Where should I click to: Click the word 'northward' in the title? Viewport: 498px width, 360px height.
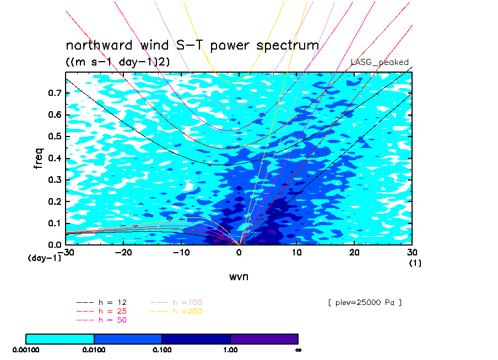point(99,45)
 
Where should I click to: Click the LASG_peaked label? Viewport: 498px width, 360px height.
point(380,62)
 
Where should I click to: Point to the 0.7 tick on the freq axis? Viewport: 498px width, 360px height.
point(55,93)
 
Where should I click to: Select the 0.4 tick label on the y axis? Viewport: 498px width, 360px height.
point(55,158)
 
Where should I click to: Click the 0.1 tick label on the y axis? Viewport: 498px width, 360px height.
point(55,223)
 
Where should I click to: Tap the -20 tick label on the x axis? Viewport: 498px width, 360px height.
point(123,252)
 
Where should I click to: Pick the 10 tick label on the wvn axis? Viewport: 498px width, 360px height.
point(296,252)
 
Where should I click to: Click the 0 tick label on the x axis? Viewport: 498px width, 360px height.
point(239,252)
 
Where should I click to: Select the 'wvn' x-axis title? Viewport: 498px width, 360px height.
point(239,277)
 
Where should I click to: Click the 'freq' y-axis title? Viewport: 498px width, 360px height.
point(38,158)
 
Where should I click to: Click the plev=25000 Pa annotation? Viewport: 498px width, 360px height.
point(365,303)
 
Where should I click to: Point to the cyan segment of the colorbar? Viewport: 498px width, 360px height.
point(60,339)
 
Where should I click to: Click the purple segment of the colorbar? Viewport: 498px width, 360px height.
point(264,339)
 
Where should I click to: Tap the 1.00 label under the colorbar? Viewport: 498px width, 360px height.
point(230,350)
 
